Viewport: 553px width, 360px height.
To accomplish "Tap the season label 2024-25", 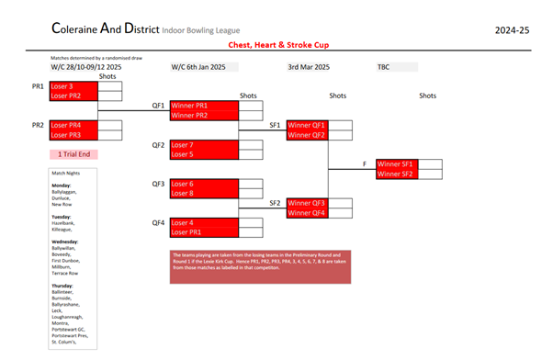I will click(x=512, y=30).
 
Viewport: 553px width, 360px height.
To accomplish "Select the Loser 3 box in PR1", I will click(x=73, y=85).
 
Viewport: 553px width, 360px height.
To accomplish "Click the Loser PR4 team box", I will click(x=73, y=125).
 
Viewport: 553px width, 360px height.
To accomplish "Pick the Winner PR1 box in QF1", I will click(x=204, y=106).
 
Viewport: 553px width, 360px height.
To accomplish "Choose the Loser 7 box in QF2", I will click(x=204, y=144).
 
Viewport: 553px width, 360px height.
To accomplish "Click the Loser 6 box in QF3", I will click(x=204, y=184).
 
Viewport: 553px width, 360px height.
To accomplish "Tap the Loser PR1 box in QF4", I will click(x=204, y=232).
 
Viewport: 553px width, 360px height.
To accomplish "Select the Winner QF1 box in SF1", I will click(x=319, y=125).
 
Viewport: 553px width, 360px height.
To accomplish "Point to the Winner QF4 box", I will click(x=319, y=213).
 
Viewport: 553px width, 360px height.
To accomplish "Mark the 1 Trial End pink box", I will click(x=73, y=154).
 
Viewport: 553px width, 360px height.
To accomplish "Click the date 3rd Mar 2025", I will click(x=309, y=67).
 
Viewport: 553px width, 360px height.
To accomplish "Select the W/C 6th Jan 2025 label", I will click(x=203, y=67).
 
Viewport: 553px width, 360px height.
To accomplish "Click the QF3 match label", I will click(x=158, y=184).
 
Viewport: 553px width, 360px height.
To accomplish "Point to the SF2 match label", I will click(x=275, y=203).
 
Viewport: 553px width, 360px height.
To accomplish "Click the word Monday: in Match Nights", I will click(x=62, y=185).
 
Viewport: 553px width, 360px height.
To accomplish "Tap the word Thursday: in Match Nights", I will click(x=63, y=286).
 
